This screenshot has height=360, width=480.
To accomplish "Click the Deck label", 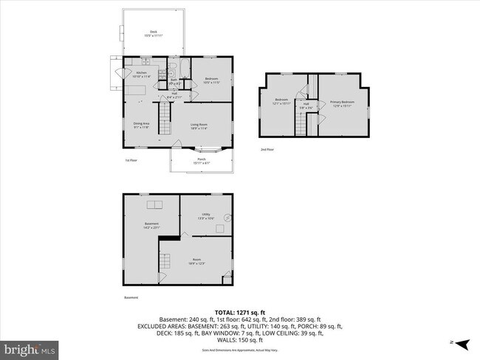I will (x=154, y=33).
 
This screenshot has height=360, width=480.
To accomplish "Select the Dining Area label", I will (x=142, y=125).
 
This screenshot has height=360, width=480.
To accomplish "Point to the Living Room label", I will (x=199, y=126).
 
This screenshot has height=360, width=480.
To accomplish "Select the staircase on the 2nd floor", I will (x=301, y=125).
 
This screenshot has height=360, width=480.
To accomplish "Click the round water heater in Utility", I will (x=227, y=218).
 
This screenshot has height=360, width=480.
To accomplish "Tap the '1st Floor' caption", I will (x=131, y=159).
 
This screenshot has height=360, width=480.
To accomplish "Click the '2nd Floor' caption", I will (x=267, y=149).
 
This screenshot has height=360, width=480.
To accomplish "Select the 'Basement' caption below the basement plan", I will (x=131, y=297).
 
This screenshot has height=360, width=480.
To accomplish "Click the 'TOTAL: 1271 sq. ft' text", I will (x=240, y=312).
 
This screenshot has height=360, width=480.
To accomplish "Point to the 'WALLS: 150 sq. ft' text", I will (x=240, y=342).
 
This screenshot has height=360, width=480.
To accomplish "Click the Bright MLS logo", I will (x=30, y=348).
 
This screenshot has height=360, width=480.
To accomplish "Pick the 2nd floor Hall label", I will (x=305, y=105).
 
